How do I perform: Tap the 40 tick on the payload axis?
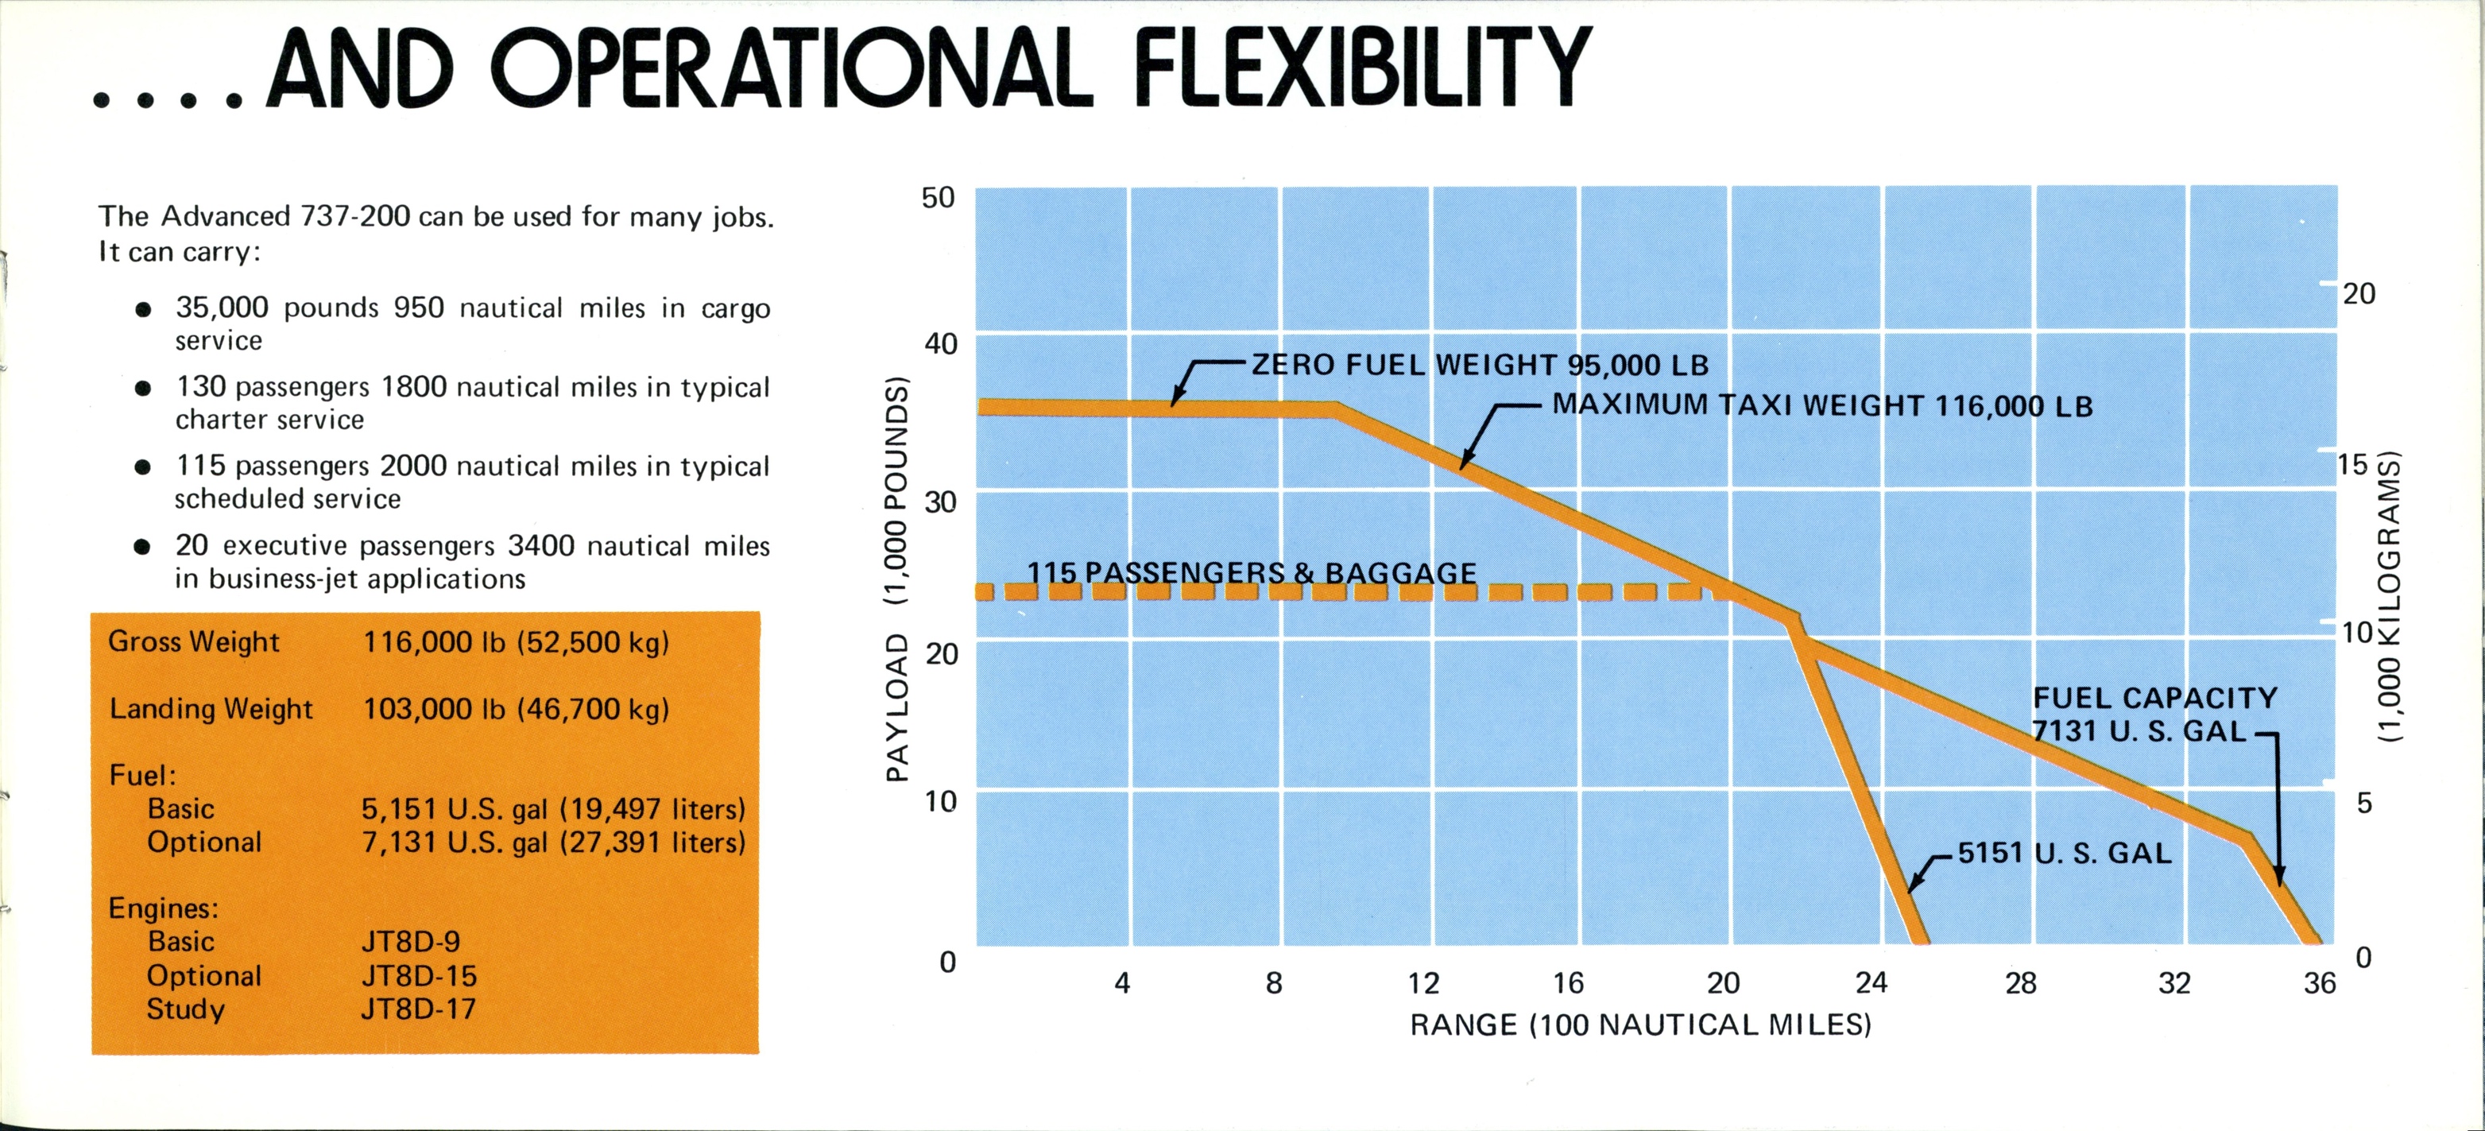(941, 343)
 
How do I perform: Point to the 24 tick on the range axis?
(1871, 982)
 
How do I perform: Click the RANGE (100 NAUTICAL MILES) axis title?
(1640, 1024)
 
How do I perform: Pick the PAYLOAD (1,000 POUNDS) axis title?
(897, 579)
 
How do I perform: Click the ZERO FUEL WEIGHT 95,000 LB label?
(1480, 365)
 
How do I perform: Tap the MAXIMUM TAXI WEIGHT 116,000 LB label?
(1822, 405)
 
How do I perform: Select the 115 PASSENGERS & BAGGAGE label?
(1251, 573)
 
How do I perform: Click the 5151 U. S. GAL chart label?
(2065, 853)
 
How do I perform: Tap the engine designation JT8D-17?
(419, 1009)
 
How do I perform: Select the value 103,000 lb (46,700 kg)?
(516, 709)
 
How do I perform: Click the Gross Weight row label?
(194, 641)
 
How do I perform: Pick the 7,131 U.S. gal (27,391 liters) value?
(554, 842)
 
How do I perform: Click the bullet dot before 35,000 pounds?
(143, 310)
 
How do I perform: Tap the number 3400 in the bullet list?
(540, 546)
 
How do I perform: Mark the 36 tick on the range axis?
(2319, 982)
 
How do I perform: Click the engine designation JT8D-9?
(410, 942)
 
